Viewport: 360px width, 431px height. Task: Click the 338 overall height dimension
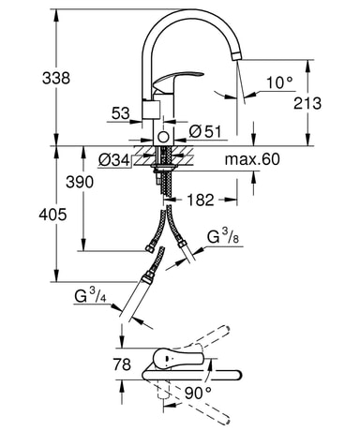56,78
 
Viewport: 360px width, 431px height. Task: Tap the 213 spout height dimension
307,103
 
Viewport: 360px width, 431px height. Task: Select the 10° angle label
279,82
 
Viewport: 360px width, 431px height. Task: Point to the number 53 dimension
121,113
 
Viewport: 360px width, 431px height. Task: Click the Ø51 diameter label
205,132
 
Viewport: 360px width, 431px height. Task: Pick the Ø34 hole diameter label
113,160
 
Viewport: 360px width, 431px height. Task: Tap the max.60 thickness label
252,159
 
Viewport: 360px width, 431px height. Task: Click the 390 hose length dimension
80,182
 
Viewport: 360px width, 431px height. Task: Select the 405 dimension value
52,215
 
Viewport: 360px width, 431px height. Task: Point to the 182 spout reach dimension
201,200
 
